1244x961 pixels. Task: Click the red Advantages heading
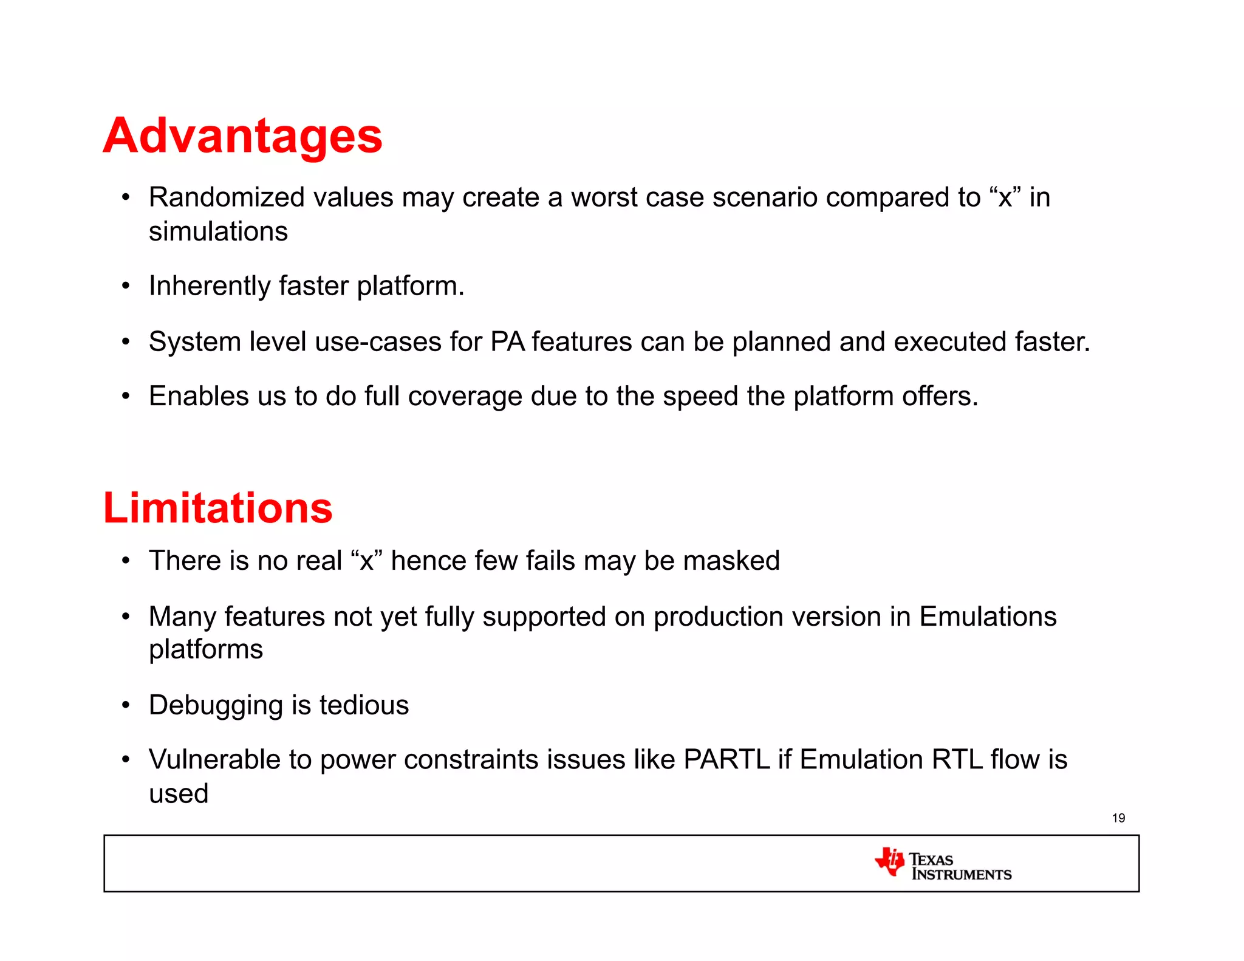pos(242,136)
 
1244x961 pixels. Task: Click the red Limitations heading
pos(217,508)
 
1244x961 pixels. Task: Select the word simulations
pos(218,231)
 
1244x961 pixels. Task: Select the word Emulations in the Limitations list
pos(988,617)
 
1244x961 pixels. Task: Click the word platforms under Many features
pos(206,650)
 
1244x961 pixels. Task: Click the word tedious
pos(364,705)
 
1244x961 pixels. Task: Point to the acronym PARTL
pos(726,759)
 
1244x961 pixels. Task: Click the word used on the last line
pos(179,793)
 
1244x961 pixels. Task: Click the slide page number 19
pos(1118,818)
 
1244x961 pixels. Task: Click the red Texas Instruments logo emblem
pos(890,861)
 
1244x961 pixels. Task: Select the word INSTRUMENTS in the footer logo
pos(962,875)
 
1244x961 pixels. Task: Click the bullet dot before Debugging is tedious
pos(126,705)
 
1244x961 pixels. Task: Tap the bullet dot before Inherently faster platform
pos(126,286)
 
